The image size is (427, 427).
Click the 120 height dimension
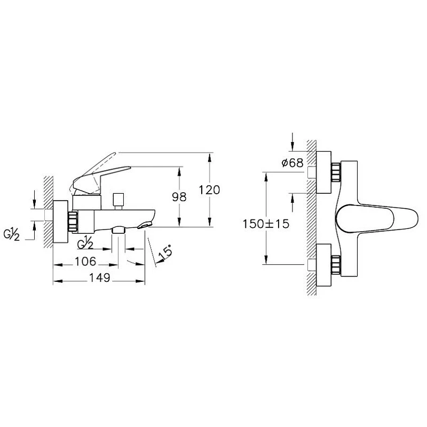pos(209,190)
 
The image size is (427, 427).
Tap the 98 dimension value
pos(179,197)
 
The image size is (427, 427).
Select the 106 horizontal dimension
pos(85,262)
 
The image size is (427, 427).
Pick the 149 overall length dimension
pos(100,278)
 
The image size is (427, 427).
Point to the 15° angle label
pos(165,251)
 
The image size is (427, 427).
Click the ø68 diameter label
pos(292,163)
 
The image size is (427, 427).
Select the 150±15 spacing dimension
pos(266,224)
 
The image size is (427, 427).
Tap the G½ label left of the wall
pos(11,234)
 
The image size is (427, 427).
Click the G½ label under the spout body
pos(85,242)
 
